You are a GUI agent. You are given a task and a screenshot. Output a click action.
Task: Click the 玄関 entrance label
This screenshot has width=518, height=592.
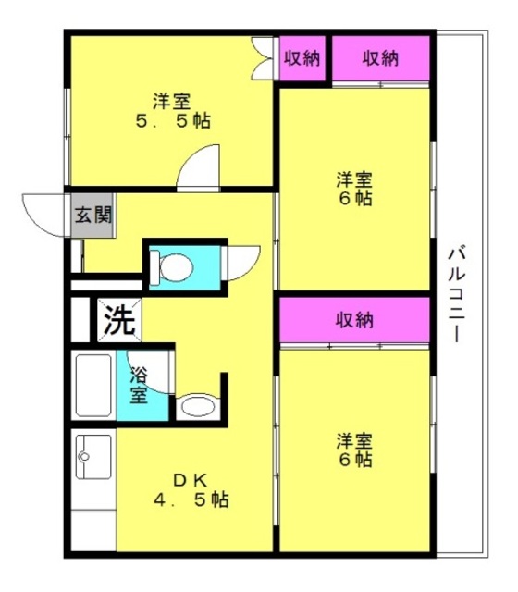(92, 216)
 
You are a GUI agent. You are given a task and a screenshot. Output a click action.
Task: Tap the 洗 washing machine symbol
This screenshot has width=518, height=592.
(119, 320)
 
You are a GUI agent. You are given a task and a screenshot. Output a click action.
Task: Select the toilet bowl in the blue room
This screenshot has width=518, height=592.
(172, 267)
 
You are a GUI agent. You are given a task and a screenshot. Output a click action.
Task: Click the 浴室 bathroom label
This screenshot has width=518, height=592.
(139, 386)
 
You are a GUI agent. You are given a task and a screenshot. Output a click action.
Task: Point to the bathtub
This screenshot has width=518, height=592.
(93, 386)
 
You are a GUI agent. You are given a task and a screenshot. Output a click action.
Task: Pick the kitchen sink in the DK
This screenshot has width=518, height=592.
(93, 457)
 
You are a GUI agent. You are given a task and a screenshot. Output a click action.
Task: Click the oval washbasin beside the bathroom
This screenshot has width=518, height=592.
(198, 406)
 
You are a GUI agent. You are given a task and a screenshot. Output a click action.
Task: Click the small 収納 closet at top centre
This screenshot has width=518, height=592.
(302, 58)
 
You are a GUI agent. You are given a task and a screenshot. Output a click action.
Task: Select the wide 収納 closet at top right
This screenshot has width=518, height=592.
(380, 58)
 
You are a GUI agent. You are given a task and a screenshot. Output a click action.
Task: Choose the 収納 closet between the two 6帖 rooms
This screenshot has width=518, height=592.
(354, 320)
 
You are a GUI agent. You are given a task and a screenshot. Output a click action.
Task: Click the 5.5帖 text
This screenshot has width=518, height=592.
(173, 121)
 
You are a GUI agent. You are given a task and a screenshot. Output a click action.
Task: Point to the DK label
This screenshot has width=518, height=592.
(191, 481)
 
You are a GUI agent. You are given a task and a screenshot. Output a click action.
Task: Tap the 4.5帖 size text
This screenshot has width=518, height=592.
(191, 500)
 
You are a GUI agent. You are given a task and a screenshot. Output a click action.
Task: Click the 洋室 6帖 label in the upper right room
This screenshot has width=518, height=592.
(354, 189)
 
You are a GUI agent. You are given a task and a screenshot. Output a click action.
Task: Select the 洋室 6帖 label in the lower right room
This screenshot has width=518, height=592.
(354, 450)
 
